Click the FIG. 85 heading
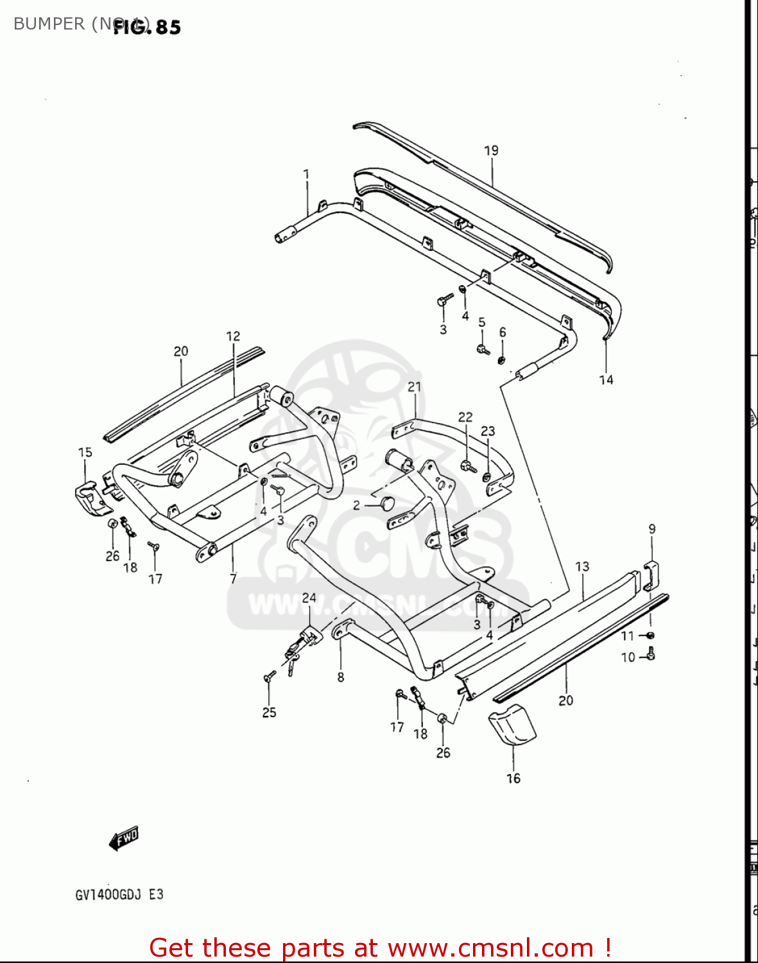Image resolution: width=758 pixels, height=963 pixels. [x=147, y=27]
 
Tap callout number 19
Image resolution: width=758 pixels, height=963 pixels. [x=491, y=151]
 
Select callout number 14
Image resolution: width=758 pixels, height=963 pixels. [x=606, y=380]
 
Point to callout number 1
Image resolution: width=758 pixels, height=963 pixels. [x=306, y=174]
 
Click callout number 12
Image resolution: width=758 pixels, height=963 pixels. [x=233, y=336]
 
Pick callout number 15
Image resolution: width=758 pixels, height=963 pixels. [x=85, y=453]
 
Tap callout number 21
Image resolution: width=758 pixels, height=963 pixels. [x=415, y=386]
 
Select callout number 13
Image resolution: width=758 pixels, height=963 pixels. [x=582, y=567]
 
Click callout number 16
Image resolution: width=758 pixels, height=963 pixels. [x=513, y=779]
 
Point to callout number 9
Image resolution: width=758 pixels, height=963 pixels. [x=652, y=530]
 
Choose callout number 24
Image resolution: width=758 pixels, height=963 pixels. [x=309, y=598]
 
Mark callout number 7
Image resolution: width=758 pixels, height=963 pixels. [x=233, y=578]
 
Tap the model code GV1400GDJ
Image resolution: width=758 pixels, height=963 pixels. [x=108, y=894]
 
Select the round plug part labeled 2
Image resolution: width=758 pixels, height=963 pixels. [x=387, y=503]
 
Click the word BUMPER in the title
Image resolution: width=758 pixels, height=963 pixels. [x=49, y=24]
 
